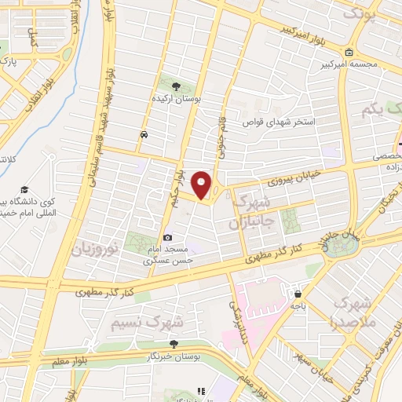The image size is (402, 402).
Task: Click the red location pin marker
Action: pyautogui.click(x=202, y=185)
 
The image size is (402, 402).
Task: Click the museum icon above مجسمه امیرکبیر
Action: pyautogui.click(x=346, y=53)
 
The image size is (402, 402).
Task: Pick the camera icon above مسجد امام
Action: pyautogui.click(x=167, y=237)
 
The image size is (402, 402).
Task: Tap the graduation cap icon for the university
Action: pyautogui.click(x=26, y=190)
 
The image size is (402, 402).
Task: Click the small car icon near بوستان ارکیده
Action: pyautogui.click(x=144, y=134)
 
